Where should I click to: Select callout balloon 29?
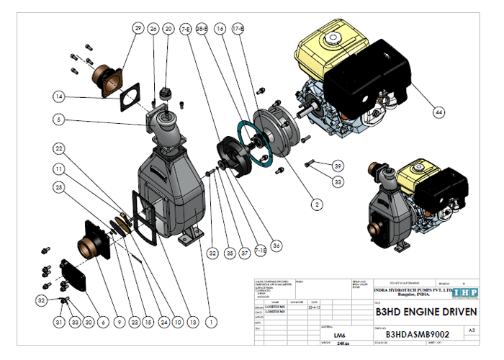pos(138,28)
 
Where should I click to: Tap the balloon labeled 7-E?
pos(186,28)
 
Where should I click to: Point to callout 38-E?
pos(202,28)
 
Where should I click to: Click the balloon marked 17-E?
pos(238,28)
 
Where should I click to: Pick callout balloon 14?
pos(60,95)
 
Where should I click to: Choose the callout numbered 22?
pos(60,148)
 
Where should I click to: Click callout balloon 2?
pos(315,204)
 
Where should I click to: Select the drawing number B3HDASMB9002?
pos(418,334)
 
